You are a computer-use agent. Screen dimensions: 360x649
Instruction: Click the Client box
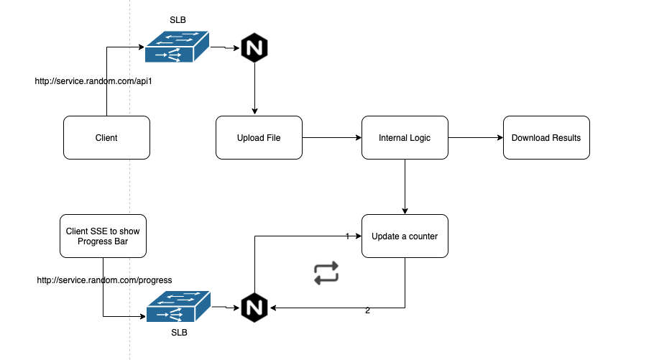(x=106, y=137)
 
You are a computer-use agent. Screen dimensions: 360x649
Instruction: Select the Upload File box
(x=259, y=137)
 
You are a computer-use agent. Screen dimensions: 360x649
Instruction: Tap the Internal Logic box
(x=405, y=137)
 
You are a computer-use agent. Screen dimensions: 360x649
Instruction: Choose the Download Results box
(x=546, y=137)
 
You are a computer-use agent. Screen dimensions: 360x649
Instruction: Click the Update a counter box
(x=405, y=236)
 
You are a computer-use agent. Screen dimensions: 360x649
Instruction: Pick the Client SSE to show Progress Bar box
(x=103, y=236)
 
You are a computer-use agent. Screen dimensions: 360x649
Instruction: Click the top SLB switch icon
(x=177, y=47)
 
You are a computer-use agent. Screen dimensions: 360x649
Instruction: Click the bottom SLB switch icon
(x=178, y=308)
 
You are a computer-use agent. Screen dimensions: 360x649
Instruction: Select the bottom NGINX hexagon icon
(x=254, y=308)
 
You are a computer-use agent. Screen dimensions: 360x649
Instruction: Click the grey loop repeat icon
(x=326, y=273)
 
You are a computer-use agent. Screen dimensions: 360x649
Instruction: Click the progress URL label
(x=105, y=280)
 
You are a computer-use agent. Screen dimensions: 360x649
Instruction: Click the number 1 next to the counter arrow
(x=347, y=236)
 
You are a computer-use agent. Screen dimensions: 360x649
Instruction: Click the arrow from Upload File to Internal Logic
(x=331, y=137)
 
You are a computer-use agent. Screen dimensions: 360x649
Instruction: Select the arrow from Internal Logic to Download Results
(x=475, y=137)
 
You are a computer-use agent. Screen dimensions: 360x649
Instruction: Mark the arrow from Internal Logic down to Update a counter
(x=405, y=187)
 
